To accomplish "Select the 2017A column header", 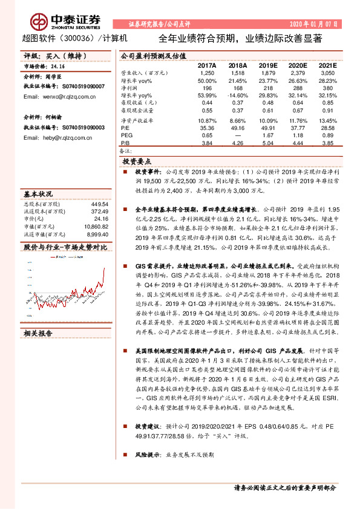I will (207, 64).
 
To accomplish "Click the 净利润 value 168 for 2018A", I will (238, 88).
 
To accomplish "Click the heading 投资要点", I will (137, 162).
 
